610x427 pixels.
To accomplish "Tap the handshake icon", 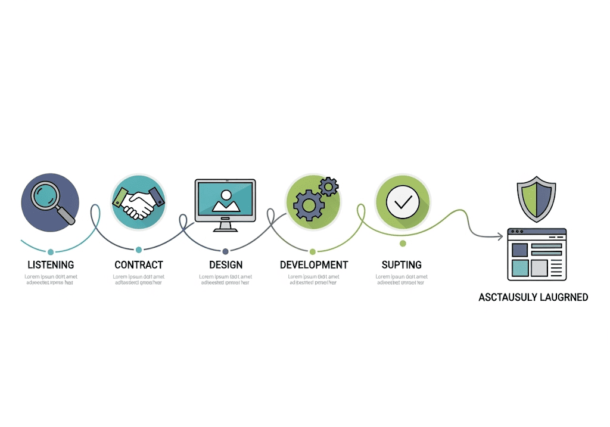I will (138, 201).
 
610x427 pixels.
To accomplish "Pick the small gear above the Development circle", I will (328, 187).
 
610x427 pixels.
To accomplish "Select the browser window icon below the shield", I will (537, 254).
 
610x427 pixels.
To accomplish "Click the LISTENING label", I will (51, 264).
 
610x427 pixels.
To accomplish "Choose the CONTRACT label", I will (139, 264).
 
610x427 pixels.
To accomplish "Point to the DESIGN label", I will (226, 264).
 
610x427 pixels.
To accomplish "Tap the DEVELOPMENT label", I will (314, 264).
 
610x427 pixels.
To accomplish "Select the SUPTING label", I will (402, 264).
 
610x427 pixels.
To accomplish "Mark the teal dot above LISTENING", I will (51, 252).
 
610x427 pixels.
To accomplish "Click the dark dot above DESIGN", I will (225, 251).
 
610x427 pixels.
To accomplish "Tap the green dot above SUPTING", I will (403, 244).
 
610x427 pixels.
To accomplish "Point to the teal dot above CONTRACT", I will (139, 250).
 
